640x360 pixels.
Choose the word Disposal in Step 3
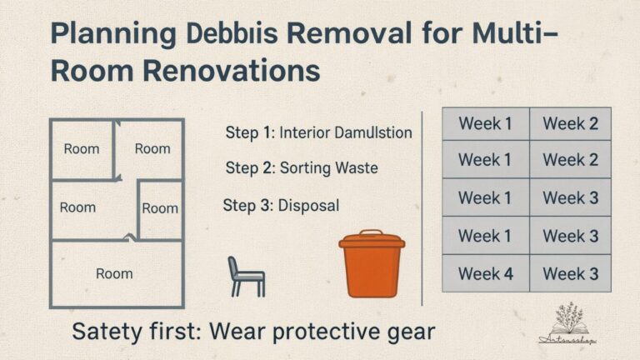click(308, 205)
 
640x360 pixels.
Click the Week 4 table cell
click(485, 272)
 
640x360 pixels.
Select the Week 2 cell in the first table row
click(570, 124)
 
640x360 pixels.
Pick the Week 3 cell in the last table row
click(570, 272)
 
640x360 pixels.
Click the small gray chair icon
click(245, 276)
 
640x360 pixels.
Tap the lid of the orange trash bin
click(371, 241)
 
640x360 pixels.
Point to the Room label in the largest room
click(114, 273)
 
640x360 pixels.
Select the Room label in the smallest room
click(160, 208)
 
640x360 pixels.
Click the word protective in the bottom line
click(318, 331)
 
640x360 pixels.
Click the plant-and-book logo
click(575, 323)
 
